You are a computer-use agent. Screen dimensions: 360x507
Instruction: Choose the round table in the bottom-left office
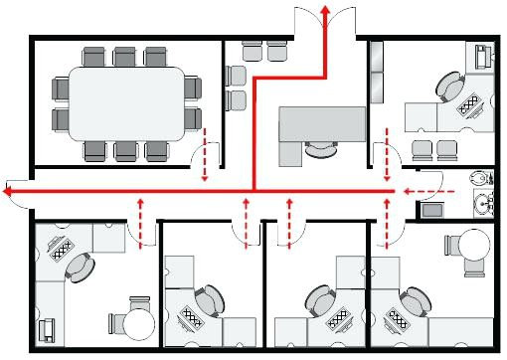[138, 322]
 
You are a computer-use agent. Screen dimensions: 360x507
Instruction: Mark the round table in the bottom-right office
[470, 244]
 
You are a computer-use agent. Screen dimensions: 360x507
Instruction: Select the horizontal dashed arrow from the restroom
[428, 189]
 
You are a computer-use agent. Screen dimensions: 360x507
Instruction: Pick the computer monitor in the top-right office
[484, 55]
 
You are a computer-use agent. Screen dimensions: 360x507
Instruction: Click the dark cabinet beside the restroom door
[433, 210]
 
